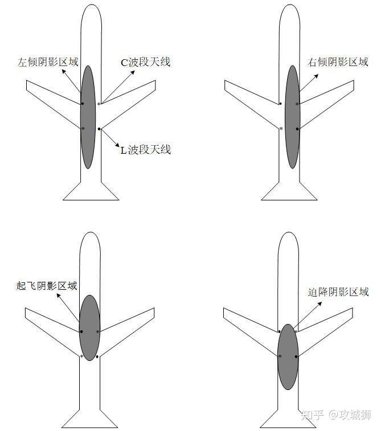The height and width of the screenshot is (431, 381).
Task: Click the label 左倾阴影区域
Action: coord(48,62)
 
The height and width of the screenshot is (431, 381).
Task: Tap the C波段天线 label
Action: coord(146,62)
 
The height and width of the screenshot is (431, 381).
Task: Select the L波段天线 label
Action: coord(146,150)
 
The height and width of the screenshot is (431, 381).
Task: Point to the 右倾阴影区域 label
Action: coord(338,62)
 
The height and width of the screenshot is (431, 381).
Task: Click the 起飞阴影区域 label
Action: coord(47,286)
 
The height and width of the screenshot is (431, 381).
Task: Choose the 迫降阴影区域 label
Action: coord(338,292)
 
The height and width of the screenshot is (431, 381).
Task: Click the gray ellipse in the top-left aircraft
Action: coord(88,117)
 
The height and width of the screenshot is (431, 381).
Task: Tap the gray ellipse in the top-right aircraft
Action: coord(293,117)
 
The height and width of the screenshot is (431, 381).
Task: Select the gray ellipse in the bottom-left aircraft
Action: coord(89,328)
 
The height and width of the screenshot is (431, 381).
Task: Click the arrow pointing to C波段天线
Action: coord(118,87)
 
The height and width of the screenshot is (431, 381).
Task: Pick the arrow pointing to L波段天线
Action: coord(110,138)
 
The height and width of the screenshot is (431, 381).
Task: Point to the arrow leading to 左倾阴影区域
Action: coord(71,81)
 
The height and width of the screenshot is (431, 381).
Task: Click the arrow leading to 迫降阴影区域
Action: coord(308,315)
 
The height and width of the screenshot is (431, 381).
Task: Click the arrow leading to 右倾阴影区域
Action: coord(309,83)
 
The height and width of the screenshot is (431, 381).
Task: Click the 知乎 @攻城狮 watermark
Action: coord(336,414)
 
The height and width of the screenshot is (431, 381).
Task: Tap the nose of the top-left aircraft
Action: coord(91,6)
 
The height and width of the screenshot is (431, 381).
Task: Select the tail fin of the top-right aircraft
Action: coord(289,191)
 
